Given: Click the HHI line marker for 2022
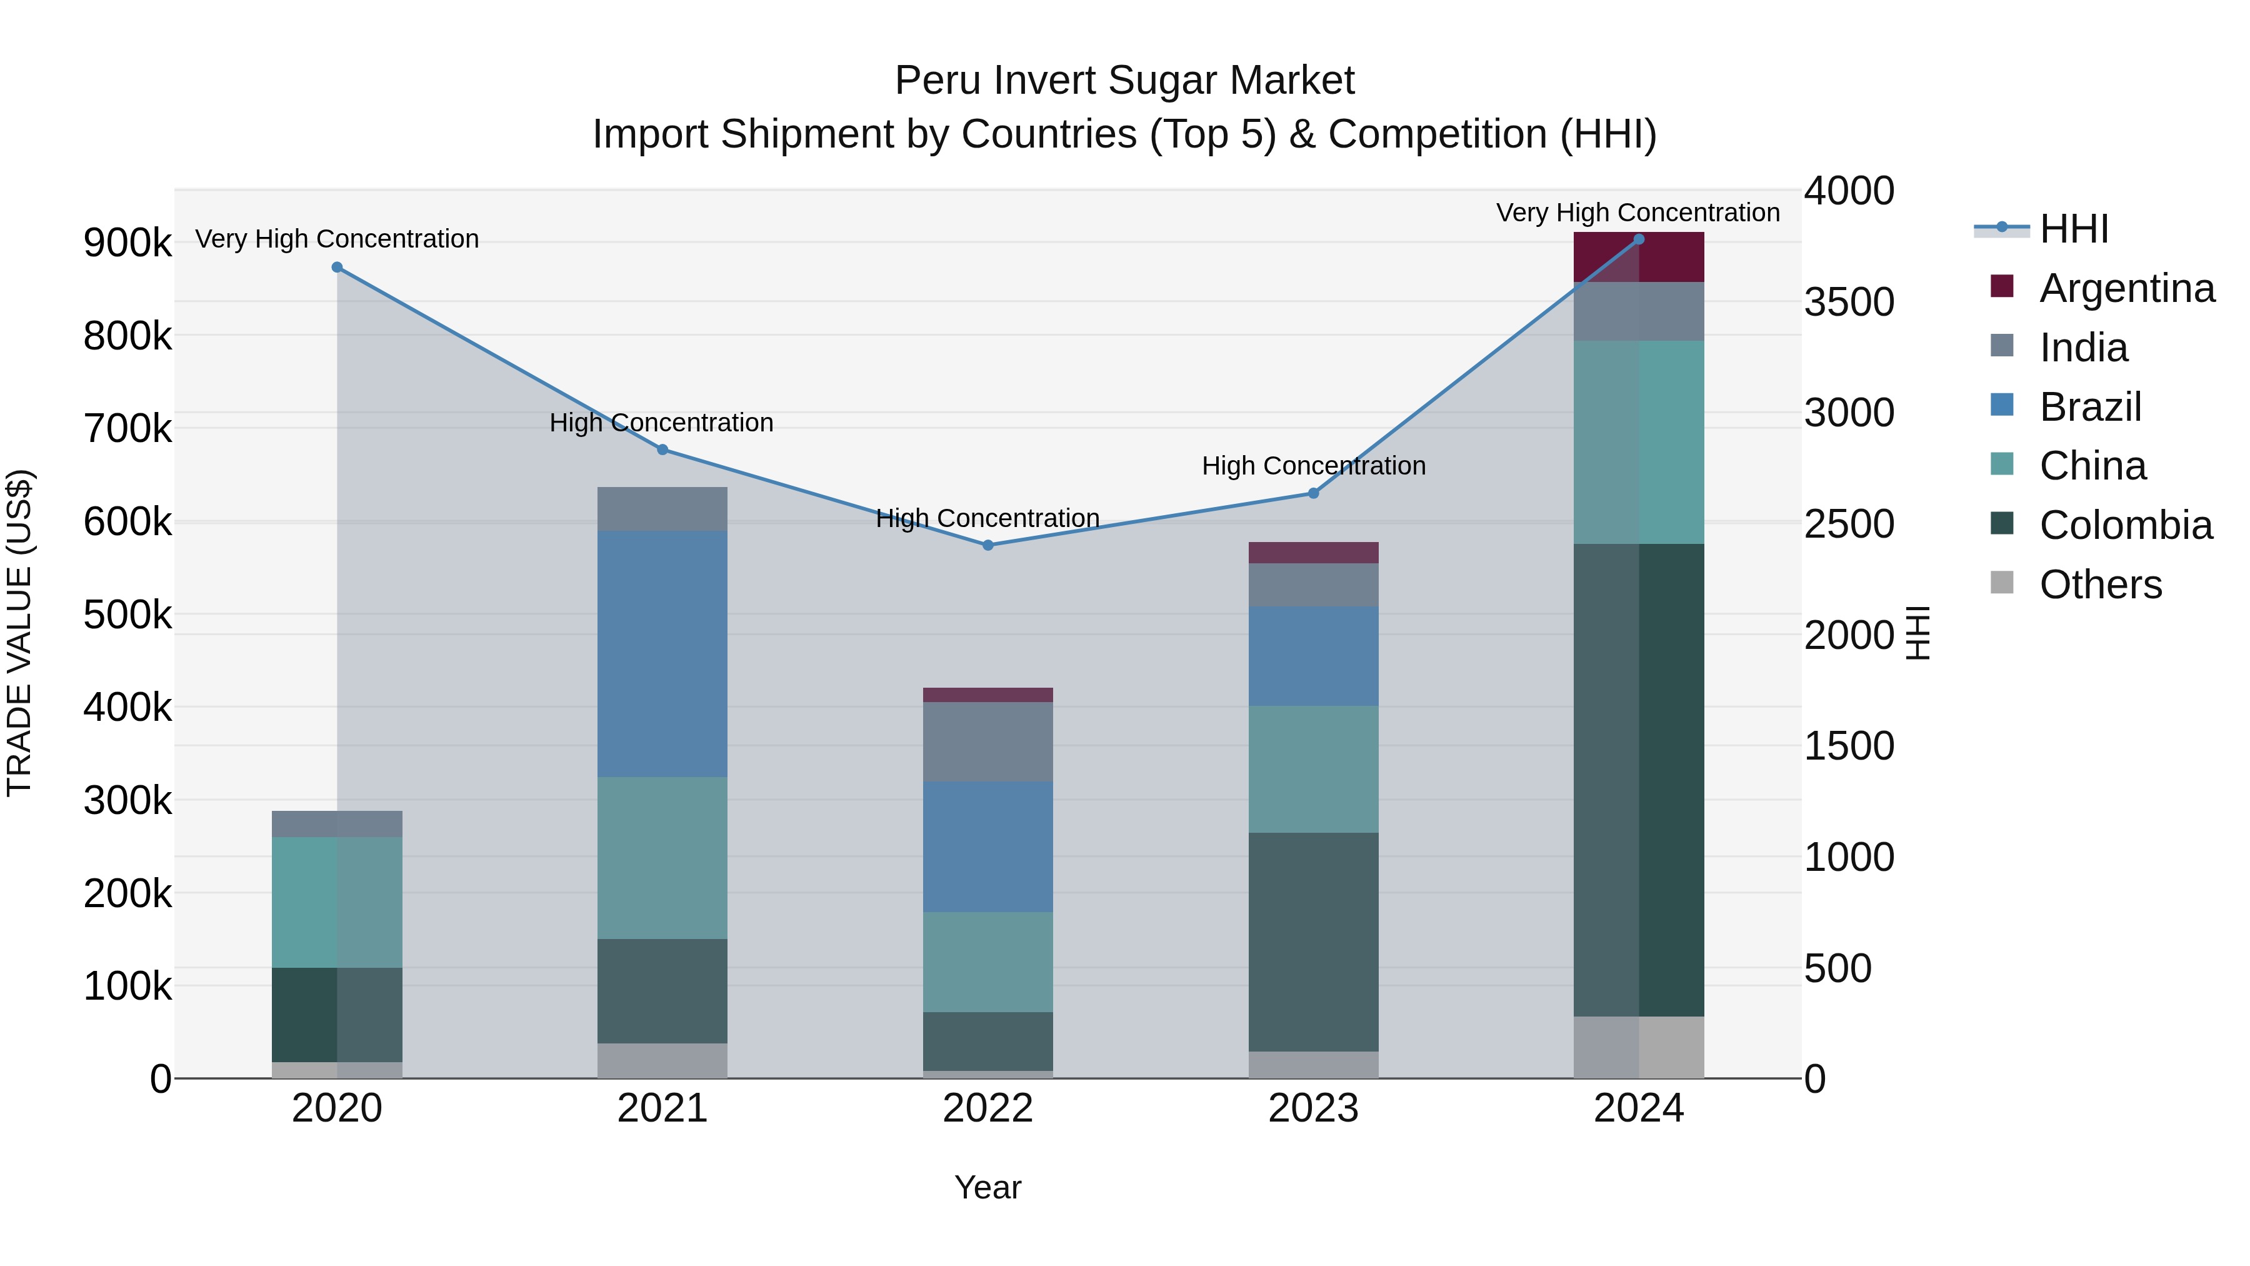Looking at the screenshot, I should [988, 545].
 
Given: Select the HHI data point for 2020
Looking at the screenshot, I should [337, 268].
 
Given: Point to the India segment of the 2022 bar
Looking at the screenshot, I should [988, 741].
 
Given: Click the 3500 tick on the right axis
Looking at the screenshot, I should [1849, 303].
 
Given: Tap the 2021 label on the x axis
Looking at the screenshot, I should [662, 1108].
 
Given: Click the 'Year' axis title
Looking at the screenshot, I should [988, 1187].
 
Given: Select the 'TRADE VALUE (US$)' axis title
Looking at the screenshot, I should [19, 633].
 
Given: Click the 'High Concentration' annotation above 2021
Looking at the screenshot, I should [661, 423].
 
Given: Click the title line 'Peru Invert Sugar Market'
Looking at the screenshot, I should [1124, 81].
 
